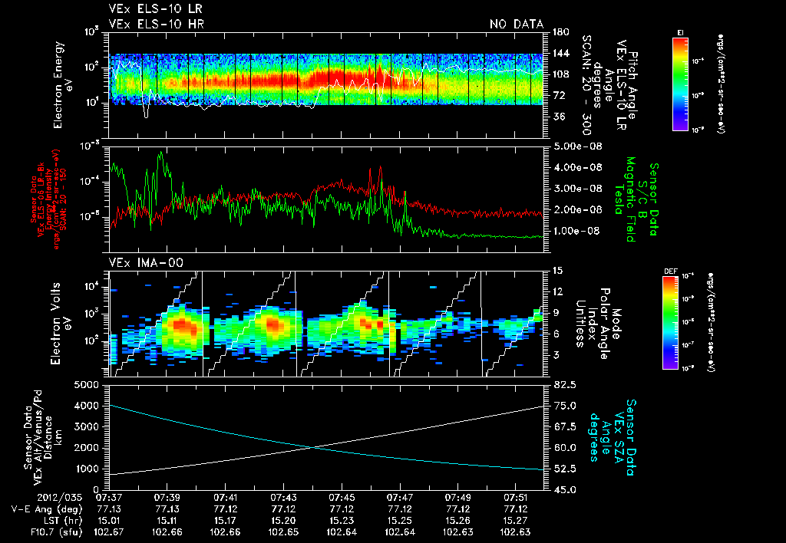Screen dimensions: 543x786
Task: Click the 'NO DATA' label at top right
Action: [517, 24]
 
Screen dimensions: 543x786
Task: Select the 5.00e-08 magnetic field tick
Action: [575, 146]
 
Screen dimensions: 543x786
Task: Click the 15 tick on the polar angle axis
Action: [557, 270]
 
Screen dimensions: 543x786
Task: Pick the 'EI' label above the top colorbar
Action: [680, 32]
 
